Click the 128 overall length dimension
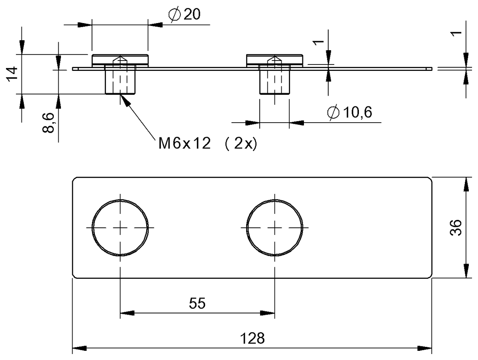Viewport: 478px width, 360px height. tap(252, 338)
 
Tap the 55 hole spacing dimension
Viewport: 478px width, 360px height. tap(197, 303)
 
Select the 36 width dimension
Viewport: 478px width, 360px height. tap(456, 228)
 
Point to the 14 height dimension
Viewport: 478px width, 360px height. tap(12, 74)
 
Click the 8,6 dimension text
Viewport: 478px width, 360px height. tap(48, 123)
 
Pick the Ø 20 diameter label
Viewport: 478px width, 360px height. tap(184, 14)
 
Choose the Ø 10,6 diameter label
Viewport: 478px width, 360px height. tap(349, 112)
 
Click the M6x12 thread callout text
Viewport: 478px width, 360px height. tap(185, 143)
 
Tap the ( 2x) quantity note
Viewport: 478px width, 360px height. tap(241, 143)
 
